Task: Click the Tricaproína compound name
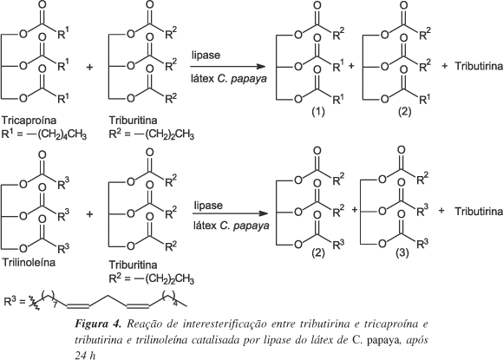[x=29, y=121]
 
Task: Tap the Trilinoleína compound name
[x=29, y=263]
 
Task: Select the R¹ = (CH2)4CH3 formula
[x=44, y=134]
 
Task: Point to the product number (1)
[x=318, y=111]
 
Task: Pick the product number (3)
[x=402, y=252]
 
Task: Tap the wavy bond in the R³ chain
[x=34, y=303]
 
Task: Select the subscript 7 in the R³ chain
[x=55, y=304]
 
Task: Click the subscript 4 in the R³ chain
[x=175, y=303]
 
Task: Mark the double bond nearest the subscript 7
[x=78, y=305]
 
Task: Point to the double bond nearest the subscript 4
[x=138, y=305]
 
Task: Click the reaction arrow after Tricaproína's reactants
[x=228, y=67]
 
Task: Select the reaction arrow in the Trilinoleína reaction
[x=231, y=213]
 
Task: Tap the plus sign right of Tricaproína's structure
[x=90, y=67]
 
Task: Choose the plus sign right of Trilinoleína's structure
[x=90, y=214]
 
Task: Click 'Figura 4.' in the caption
[x=98, y=324]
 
